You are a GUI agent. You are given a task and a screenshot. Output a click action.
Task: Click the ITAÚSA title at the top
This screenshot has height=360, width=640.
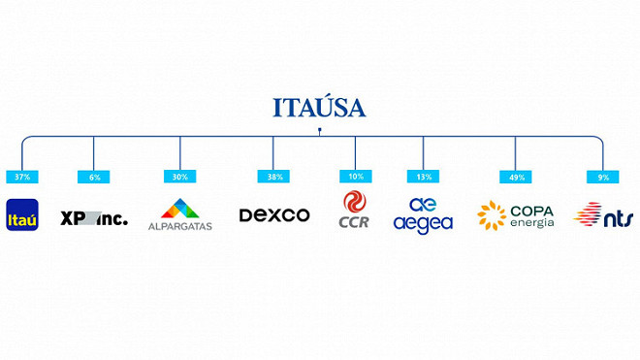[x=319, y=107]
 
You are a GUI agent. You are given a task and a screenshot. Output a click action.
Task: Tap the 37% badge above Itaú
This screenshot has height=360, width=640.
[x=21, y=177]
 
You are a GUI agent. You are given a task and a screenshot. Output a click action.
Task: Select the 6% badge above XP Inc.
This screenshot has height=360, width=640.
[x=93, y=177]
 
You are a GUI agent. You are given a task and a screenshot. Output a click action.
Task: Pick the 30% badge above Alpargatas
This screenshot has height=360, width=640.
[x=179, y=177]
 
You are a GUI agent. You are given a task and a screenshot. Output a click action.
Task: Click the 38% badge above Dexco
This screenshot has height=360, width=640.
[x=272, y=177]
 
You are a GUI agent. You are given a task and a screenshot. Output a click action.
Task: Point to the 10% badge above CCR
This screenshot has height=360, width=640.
[x=355, y=177]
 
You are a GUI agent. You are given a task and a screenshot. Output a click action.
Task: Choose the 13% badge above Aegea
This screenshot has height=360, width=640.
[x=423, y=177]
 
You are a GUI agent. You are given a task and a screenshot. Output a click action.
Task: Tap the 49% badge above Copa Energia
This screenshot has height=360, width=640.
[x=515, y=177]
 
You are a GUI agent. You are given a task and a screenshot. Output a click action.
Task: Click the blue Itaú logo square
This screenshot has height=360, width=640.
[x=21, y=215]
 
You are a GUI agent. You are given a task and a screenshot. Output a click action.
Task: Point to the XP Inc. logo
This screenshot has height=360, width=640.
[x=94, y=217]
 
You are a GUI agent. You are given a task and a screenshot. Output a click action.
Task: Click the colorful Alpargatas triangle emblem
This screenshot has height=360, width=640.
[x=179, y=209]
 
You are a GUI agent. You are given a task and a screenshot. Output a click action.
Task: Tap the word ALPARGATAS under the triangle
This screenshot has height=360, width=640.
[x=179, y=226]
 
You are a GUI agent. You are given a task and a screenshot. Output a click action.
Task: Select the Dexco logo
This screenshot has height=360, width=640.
[x=274, y=215]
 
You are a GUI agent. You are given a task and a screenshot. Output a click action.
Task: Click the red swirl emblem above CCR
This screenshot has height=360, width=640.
[x=355, y=202]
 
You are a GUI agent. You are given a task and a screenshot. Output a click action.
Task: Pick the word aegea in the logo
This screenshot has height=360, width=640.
[x=423, y=224]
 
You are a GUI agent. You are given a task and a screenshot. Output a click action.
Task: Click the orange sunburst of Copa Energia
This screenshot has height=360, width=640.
[x=492, y=215]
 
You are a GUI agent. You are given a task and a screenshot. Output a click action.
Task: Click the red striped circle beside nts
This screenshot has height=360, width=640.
[x=588, y=214]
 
